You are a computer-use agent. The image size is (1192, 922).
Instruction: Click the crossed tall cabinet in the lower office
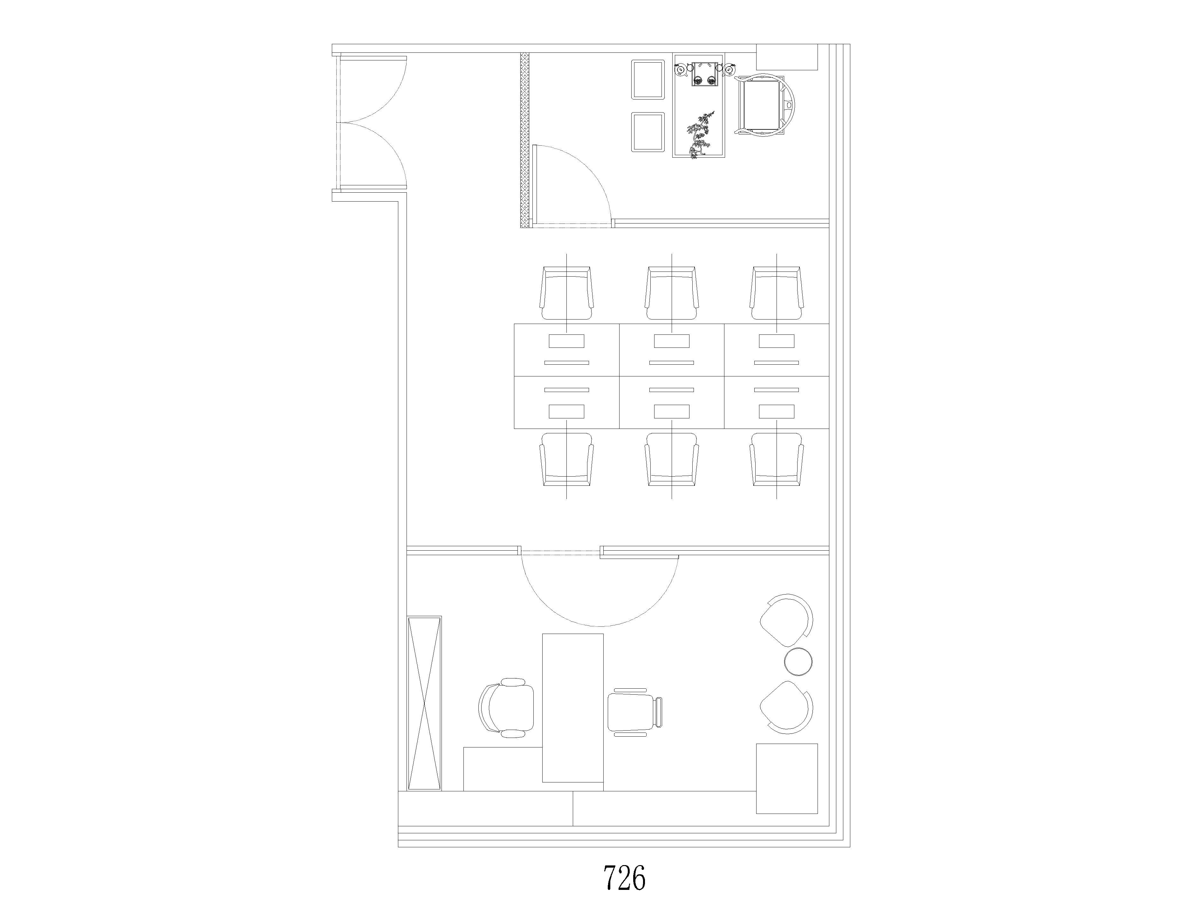pyautogui.click(x=424, y=703)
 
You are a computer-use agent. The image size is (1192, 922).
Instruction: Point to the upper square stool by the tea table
pyautogui.click(x=648, y=80)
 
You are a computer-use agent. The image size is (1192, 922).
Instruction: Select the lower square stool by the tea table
pyautogui.click(x=648, y=132)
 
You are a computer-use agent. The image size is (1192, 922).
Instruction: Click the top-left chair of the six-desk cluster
pyautogui.click(x=566, y=293)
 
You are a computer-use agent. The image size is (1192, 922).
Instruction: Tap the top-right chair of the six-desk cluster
pyautogui.click(x=777, y=293)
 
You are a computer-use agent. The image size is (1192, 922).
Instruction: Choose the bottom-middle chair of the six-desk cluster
pyautogui.click(x=671, y=459)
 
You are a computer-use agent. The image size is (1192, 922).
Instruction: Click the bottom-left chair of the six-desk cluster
pyautogui.click(x=566, y=459)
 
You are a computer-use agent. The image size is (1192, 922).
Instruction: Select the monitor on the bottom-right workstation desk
pyautogui.click(x=777, y=412)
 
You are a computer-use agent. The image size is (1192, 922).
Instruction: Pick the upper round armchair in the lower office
pyautogui.click(x=786, y=618)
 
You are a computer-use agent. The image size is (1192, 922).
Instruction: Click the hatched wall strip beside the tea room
pyautogui.click(x=525, y=140)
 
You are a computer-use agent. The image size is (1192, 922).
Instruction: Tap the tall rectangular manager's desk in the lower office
pyautogui.click(x=572, y=708)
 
